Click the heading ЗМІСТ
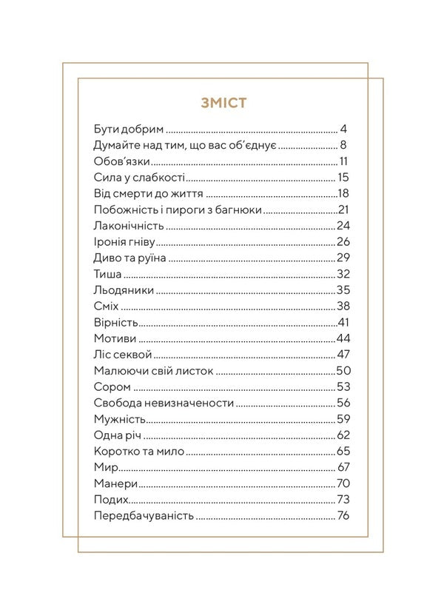point(223,102)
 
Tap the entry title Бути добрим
point(129,128)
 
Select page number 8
point(344,144)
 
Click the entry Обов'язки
point(123,161)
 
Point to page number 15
point(343,177)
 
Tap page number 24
point(343,225)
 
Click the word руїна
point(149,258)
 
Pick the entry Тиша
point(108,274)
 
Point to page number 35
point(343,290)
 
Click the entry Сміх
point(107,306)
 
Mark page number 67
point(343,468)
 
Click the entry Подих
point(111,500)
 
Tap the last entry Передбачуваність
point(144,516)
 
